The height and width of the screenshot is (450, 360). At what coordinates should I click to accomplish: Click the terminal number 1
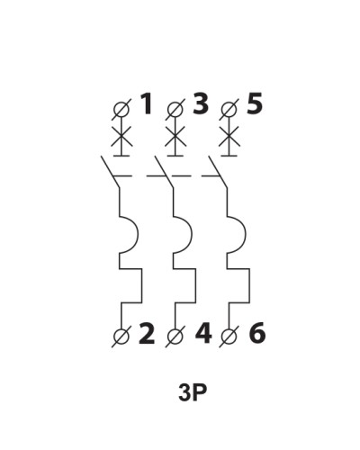coord(147,103)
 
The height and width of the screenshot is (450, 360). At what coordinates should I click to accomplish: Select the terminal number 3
coord(201,103)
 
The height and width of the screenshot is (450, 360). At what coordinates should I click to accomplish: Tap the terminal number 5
coord(255,103)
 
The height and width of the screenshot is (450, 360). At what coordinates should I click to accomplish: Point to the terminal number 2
coord(147,333)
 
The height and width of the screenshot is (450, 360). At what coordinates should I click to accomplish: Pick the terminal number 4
coord(203,333)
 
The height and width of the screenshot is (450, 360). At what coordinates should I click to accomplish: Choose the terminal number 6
coord(257,333)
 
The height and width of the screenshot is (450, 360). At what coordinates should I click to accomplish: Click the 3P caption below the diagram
coord(193,392)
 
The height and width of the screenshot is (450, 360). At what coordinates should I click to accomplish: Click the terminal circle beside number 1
coord(121,109)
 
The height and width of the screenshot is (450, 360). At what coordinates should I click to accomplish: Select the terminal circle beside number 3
coord(175,109)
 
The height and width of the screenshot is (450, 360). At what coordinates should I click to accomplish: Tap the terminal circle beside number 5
coord(229,109)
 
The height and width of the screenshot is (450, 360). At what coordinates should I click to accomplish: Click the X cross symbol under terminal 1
coord(121,136)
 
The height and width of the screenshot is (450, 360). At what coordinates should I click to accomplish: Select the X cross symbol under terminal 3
coord(175,136)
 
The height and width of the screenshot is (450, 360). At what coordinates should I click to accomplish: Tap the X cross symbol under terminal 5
coord(229,136)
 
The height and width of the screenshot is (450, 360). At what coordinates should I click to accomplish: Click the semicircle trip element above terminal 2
coord(139,235)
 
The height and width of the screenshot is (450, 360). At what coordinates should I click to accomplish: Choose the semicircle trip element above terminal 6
coord(246,235)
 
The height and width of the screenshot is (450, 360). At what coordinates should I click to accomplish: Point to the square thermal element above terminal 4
coord(195,285)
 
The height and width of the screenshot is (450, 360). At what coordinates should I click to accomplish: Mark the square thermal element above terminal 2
coord(142,285)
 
